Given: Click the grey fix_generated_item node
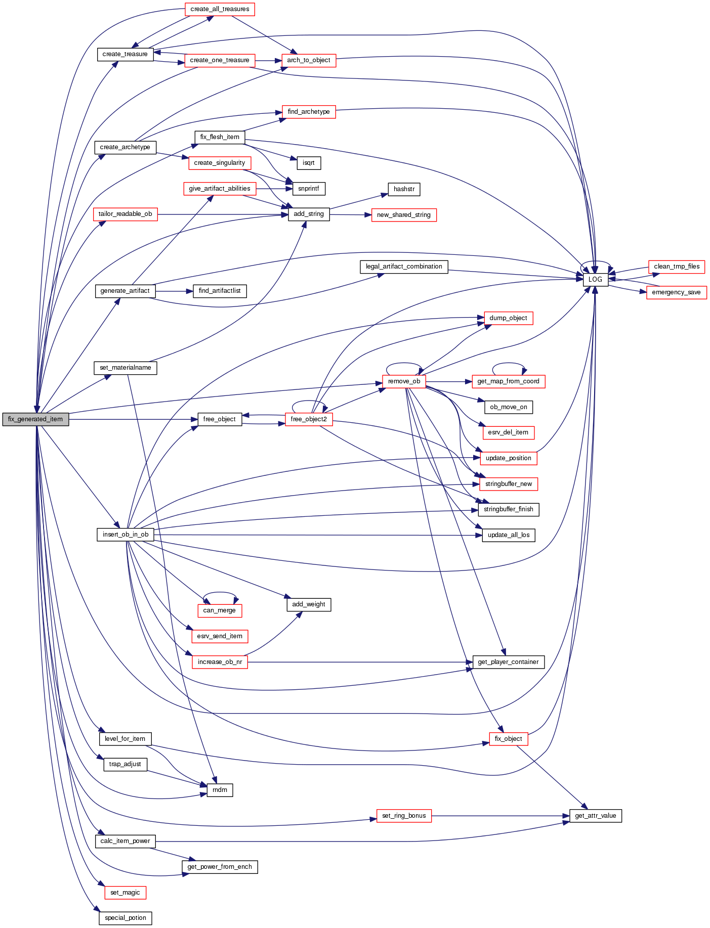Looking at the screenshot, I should (x=35, y=419).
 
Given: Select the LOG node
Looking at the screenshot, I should (x=595, y=279).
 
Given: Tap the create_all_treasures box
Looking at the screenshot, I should (x=220, y=9).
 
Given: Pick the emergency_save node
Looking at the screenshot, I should (x=676, y=292).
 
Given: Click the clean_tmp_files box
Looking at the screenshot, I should (x=677, y=267).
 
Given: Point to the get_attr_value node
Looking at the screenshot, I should (x=595, y=816).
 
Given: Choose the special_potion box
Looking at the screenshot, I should (x=125, y=918).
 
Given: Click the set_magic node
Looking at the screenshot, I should (x=125, y=893).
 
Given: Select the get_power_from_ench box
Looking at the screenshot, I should (x=220, y=867).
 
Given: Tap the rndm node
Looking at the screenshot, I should (x=220, y=790).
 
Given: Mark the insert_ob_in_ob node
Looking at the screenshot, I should (x=126, y=535).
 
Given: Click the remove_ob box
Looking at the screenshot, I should (x=404, y=381).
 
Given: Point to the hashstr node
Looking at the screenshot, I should (x=404, y=189).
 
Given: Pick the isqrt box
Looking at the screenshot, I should (x=309, y=163).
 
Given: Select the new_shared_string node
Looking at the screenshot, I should (x=403, y=215).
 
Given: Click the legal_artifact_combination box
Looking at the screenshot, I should (x=404, y=267).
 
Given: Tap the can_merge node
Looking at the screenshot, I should (x=220, y=610).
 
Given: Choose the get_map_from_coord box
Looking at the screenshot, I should (x=508, y=381).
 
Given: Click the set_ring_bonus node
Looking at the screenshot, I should (x=404, y=816).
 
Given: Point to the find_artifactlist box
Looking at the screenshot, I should (x=220, y=291).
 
